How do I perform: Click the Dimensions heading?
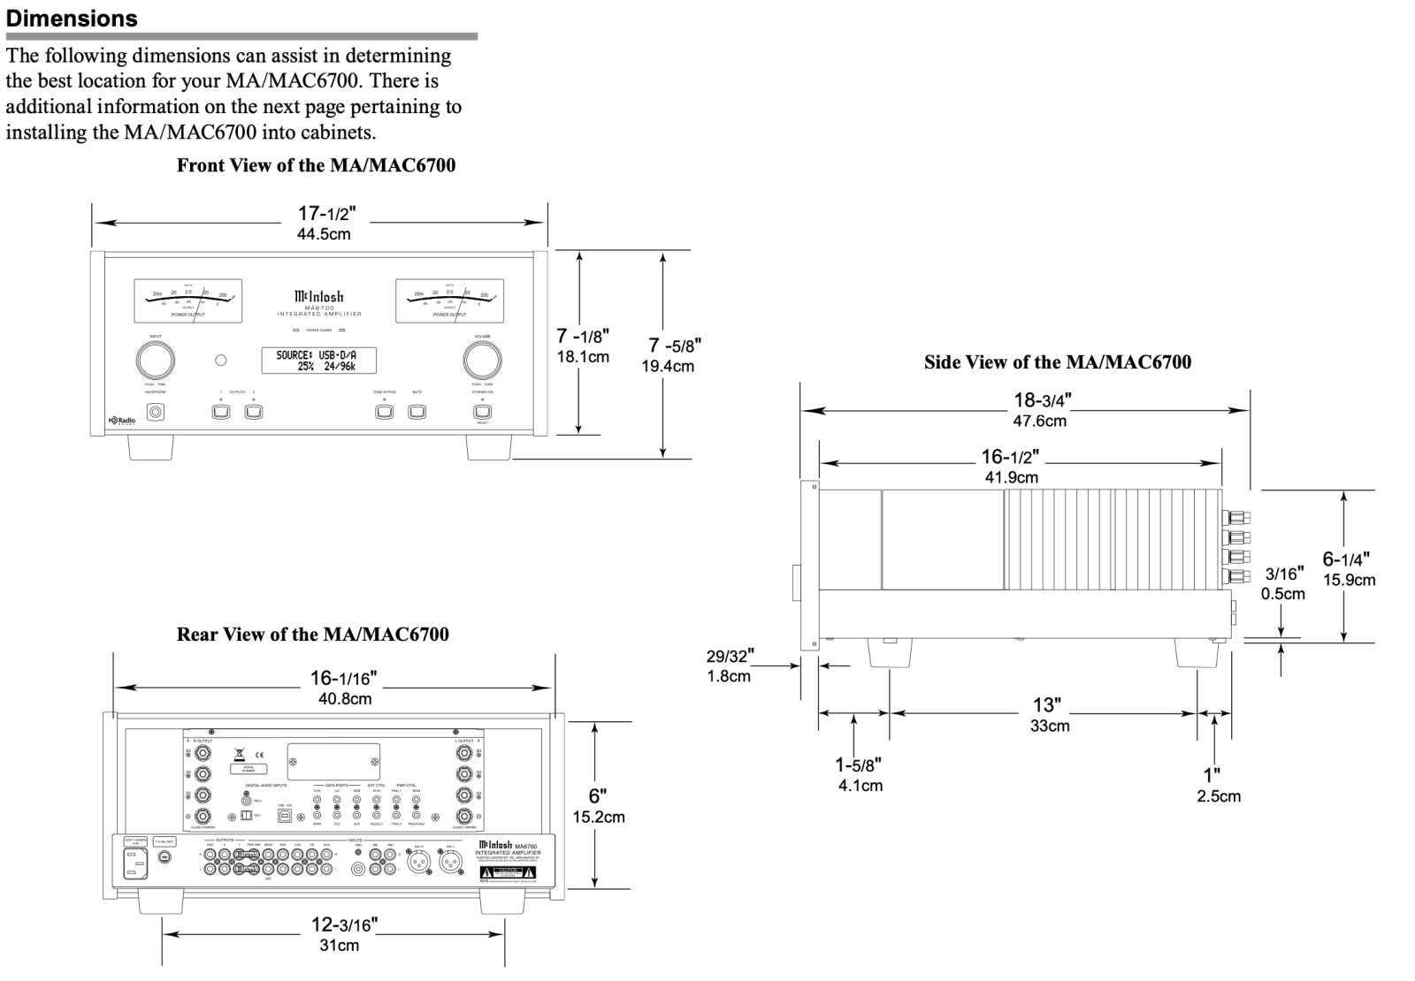click(x=72, y=19)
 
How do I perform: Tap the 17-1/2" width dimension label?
click(x=325, y=222)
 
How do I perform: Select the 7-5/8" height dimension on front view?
click(x=674, y=354)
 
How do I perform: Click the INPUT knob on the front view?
click(x=155, y=360)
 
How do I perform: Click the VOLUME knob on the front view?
click(x=482, y=360)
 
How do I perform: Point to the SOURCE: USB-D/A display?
click(x=319, y=361)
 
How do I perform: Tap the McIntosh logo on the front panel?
click(x=319, y=297)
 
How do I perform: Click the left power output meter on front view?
click(x=188, y=300)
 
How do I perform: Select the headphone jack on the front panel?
click(x=157, y=412)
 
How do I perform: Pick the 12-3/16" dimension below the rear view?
click(x=344, y=933)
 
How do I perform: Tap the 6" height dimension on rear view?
click(x=599, y=805)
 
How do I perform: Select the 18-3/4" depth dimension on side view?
click(x=1041, y=409)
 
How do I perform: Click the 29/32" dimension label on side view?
click(x=730, y=665)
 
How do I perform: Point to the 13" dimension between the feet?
click(x=1048, y=714)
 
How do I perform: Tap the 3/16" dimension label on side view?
click(x=1283, y=583)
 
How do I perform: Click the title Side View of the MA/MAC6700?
click(x=1057, y=362)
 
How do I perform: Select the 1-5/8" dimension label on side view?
click(x=859, y=773)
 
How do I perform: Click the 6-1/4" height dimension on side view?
click(x=1347, y=568)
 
